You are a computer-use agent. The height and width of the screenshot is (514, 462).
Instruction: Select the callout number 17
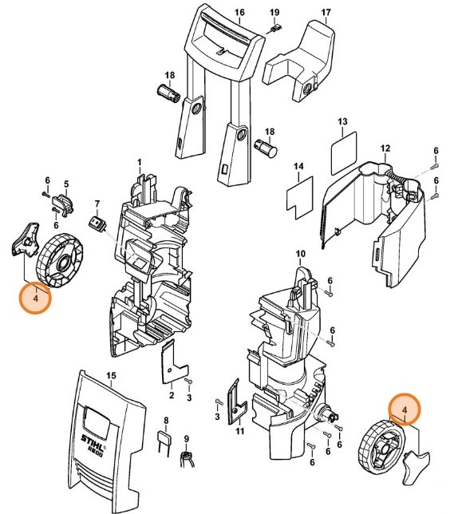click(325, 13)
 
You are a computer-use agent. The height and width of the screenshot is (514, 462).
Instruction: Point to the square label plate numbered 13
click(343, 148)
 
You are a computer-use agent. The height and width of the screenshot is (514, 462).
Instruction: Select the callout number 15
click(111, 375)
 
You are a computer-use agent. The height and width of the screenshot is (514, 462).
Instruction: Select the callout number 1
click(139, 163)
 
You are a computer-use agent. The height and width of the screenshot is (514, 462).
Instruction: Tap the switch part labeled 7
click(97, 224)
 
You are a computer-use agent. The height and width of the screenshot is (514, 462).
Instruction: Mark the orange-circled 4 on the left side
click(35, 298)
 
